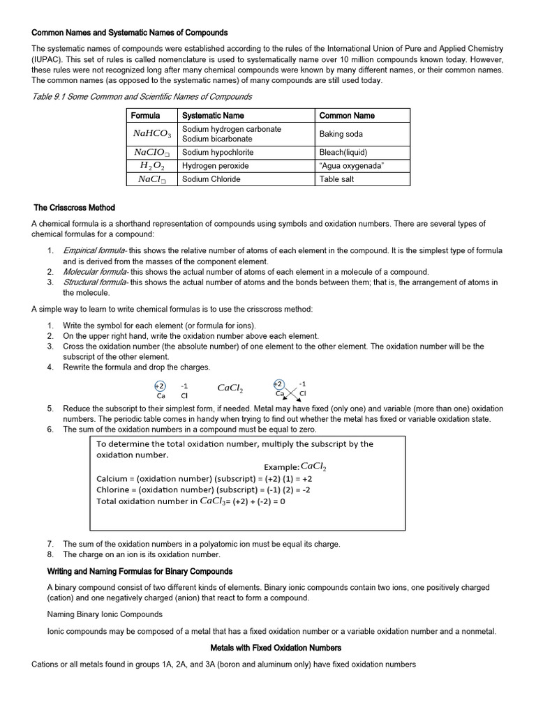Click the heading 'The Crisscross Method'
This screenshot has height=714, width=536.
(75, 208)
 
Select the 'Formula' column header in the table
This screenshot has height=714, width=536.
(146, 116)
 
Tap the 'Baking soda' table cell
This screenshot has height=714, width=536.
(341, 134)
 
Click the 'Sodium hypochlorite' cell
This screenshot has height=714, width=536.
(218, 152)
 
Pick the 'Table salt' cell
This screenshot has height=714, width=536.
(338, 179)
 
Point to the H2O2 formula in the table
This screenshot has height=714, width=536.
(152, 166)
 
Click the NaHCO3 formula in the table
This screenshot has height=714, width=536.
(152, 133)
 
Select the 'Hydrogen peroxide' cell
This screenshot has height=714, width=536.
(216, 166)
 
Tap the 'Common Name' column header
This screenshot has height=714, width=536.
(347, 116)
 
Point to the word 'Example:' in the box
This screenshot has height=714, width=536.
(281, 466)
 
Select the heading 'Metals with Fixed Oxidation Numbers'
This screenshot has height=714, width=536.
(276, 648)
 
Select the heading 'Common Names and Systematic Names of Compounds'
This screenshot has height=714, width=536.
(130, 33)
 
